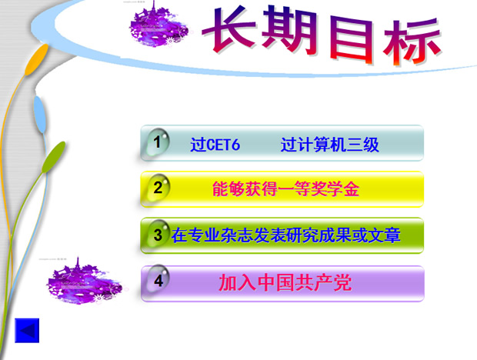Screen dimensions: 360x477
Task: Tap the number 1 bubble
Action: (x=158, y=142)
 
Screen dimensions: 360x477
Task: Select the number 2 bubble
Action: (x=158, y=188)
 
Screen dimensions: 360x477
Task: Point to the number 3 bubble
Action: (x=158, y=235)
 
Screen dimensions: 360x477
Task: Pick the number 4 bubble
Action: (x=158, y=282)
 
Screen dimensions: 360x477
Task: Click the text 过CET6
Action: (x=215, y=145)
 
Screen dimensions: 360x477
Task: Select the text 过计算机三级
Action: (x=330, y=145)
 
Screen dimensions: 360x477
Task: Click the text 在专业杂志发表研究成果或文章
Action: (x=286, y=235)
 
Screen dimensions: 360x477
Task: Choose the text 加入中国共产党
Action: (x=285, y=282)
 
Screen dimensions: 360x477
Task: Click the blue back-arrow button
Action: (x=27, y=330)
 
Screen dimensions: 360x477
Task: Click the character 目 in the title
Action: (x=349, y=38)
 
